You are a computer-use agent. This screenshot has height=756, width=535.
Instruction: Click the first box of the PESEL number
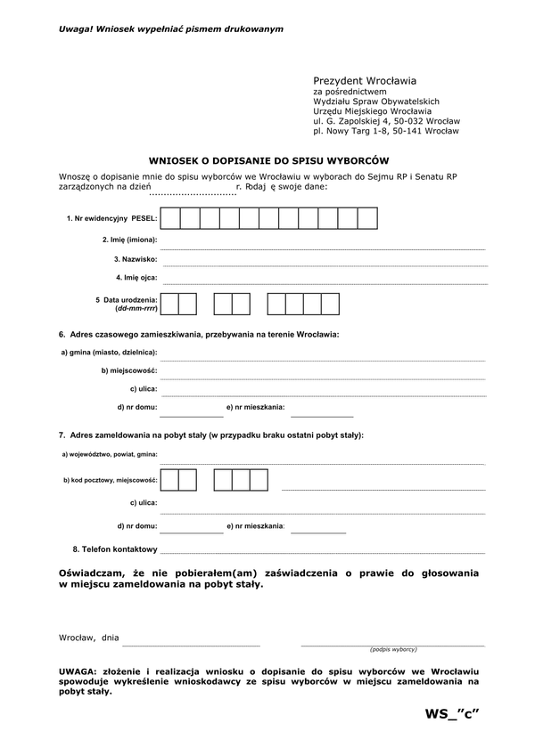[170, 218]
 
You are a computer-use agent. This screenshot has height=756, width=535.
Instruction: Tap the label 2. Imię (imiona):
[129, 240]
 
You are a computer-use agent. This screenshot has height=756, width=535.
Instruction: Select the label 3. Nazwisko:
[136, 259]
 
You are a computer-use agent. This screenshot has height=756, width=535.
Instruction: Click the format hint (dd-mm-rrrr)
[136, 308]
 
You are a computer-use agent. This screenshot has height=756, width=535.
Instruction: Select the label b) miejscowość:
[129, 370]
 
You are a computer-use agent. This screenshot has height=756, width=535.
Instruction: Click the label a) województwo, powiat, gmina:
[110, 454]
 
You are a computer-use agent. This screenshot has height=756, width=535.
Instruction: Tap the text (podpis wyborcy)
[393, 649]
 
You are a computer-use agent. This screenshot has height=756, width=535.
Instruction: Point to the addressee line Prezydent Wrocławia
[365, 80]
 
